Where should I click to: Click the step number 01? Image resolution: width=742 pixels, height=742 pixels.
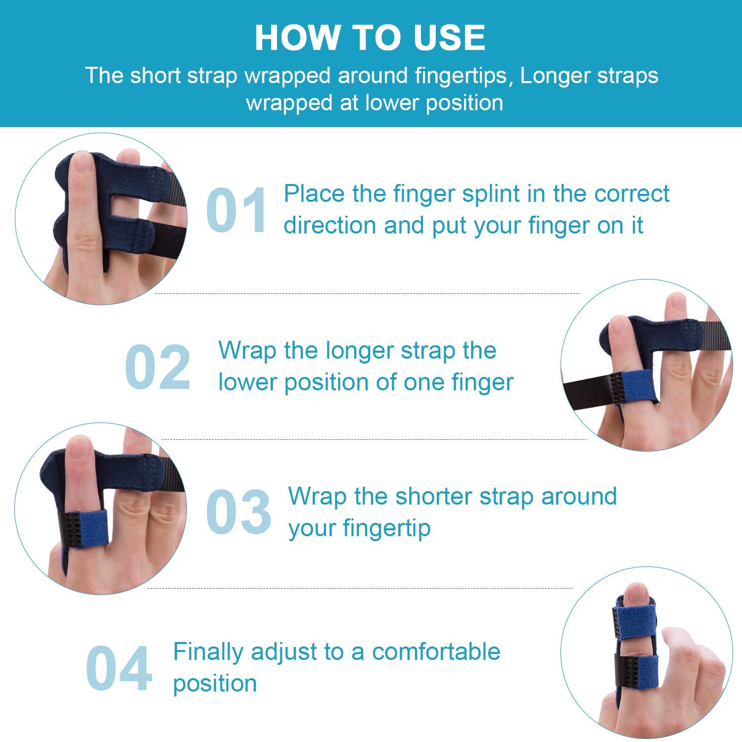click(x=236, y=210)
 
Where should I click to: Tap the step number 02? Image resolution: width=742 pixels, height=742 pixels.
click(x=157, y=367)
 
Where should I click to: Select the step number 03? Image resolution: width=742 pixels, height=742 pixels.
click(x=238, y=511)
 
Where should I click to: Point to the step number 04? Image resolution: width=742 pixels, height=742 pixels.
click(x=119, y=668)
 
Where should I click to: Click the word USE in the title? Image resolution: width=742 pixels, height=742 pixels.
click(x=449, y=38)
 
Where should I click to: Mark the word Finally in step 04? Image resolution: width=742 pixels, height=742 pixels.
click(x=208, y=651)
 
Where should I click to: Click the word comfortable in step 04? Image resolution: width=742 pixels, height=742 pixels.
click(x=436, y=651)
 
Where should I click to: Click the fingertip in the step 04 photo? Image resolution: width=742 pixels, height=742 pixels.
click(x=636, y=594)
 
